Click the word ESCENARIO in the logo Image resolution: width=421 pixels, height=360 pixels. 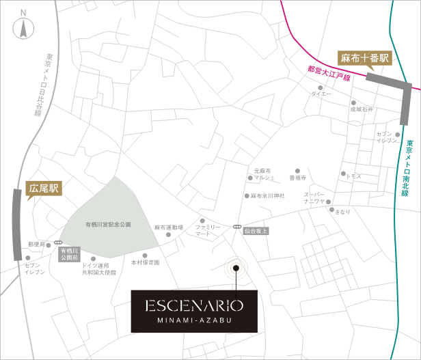[192, 304]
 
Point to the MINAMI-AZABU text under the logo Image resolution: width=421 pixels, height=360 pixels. [192, 320]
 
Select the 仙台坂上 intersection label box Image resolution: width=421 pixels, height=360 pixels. [256, 231]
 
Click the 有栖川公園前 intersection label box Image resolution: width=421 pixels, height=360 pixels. [69, 255]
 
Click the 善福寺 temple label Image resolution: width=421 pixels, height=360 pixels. [297, 177]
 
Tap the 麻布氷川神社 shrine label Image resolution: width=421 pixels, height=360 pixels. [267, 195]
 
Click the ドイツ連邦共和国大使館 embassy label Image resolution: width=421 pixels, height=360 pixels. [98, 268]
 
